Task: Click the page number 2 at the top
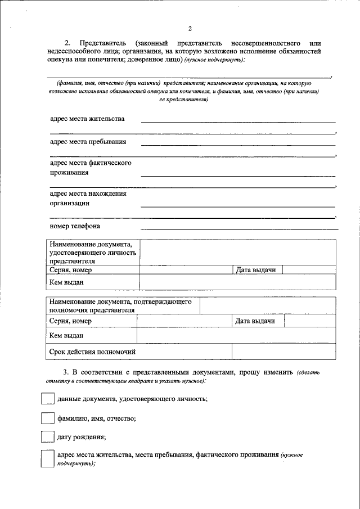[190, 29]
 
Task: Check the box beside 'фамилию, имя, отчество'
[47, 418]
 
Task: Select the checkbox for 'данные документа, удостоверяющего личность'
[47, 399]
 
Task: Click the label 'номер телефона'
[75, 226]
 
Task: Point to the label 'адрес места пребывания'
[88, 142]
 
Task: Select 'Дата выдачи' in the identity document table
[256, 271]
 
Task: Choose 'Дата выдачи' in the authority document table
[255, 321]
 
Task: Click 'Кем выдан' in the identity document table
[66, 282]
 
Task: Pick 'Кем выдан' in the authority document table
[66, 336]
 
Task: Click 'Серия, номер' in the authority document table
[70, 321]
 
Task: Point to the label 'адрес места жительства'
[87, 119]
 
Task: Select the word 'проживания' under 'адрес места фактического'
[69, 173]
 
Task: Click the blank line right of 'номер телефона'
[239, 228]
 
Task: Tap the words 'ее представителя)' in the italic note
[184, 100]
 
